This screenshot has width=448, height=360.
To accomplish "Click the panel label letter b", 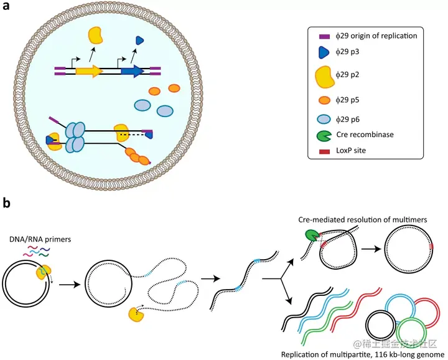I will pos(8,202).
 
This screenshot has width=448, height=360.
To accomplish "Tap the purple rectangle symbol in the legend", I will pos(322,36).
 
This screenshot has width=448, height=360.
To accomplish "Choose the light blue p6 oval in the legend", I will pos(324,119).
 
